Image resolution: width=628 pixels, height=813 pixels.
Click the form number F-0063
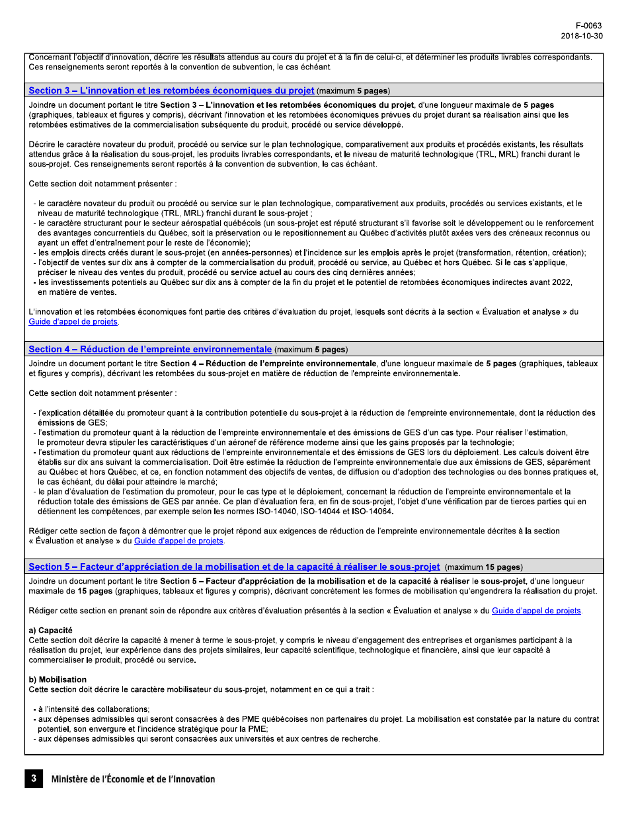coord(588,26)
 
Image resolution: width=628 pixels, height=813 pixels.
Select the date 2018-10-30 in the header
coord(581,36)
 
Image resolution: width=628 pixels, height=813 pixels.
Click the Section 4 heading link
coord(150,349)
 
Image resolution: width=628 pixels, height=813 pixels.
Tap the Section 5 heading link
coord(234,566)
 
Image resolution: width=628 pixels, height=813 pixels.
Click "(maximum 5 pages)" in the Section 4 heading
coord(311,350)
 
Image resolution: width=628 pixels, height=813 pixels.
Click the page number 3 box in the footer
coord(33,779)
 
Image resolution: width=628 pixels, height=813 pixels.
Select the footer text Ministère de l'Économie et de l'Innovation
coord(133,779)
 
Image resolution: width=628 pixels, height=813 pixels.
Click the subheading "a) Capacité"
coord(51,631)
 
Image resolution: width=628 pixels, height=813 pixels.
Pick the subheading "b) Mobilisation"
coord(58,679)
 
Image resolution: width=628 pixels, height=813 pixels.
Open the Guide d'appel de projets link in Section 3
coord(73,322)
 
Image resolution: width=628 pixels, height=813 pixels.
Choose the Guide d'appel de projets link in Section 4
coord(178,541)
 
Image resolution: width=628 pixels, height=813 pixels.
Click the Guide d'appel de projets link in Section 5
coord(536,611)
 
